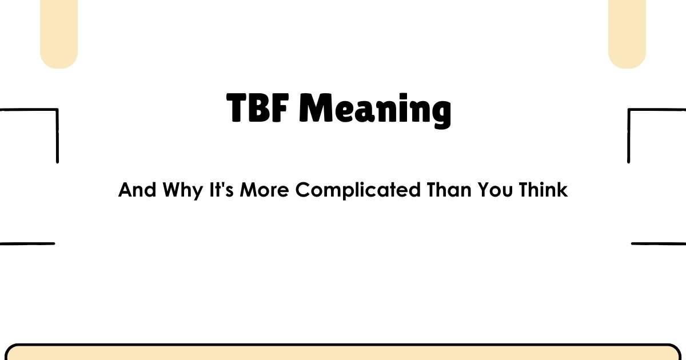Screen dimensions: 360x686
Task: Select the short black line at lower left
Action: coord(27,243)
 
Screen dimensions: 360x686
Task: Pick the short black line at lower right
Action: coord(659,243)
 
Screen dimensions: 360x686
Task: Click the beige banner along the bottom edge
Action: coord(343,353)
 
